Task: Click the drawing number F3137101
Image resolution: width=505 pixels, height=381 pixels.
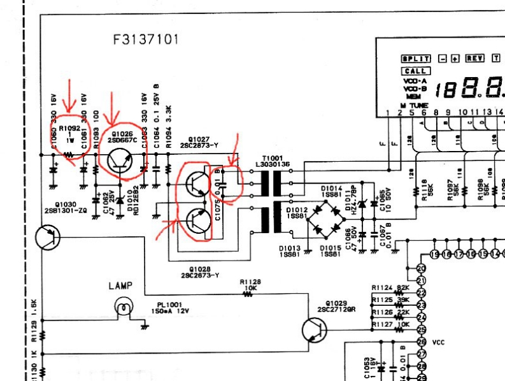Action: (x=146, y=40)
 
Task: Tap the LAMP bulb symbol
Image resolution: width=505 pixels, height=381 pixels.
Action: (x=123, y=308)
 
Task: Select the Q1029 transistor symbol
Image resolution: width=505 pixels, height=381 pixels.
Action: (x=312, y=330)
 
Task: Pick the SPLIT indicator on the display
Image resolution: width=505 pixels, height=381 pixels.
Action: (x=415, y=58)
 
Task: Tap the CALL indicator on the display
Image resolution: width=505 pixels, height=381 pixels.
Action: (x=415, y=71)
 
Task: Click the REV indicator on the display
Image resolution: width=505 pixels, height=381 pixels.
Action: (x=474, y=58)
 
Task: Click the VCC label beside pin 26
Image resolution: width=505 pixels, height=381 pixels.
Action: (x=438, y=342)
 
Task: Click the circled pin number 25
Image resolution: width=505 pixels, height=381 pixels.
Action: (x=420, y=329)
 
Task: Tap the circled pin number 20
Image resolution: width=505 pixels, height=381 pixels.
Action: (x=420, y=268)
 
